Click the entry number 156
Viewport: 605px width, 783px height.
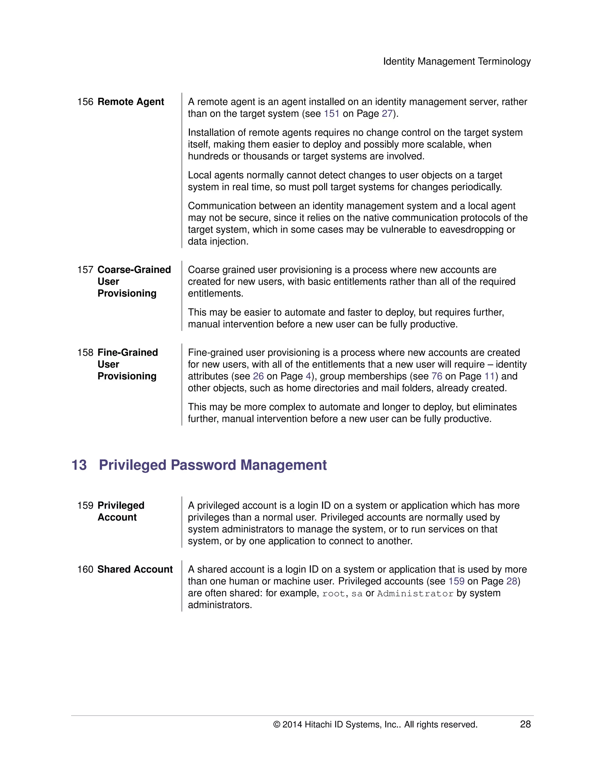tap(85, 102)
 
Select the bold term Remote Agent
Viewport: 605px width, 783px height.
tap(131, 102)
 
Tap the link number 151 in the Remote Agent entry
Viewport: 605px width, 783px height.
tap(331, 114)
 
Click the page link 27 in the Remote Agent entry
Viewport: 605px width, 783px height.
tap(387, 114)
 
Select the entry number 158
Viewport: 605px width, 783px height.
tap(85, 352)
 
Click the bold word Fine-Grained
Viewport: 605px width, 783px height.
tap(128, 352)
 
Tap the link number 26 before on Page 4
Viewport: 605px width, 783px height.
tap(258, 376)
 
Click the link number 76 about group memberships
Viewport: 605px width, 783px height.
tap(437, 376)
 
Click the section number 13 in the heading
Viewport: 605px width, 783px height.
tap(79, 465)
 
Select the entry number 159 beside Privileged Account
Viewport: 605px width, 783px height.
tap(85, 506)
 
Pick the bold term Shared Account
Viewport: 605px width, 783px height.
tap(135, 569)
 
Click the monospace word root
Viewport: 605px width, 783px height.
tap(333, 594)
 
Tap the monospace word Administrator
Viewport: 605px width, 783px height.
tap(415, 594)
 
